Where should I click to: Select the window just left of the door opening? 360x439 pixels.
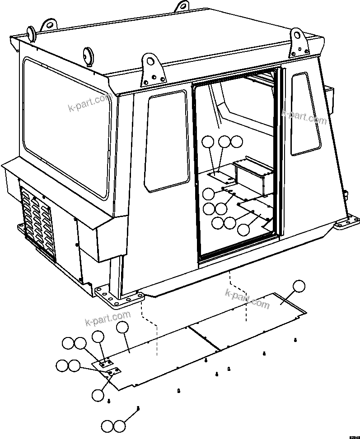(x=166, y=141)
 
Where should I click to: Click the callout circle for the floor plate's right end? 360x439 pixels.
(x=299, y=287)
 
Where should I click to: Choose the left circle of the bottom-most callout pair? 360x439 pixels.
(x=108, y=426)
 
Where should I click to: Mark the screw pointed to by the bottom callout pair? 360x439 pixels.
(x=138, y=408)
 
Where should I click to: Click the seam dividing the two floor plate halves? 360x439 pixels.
(x=204, y=337)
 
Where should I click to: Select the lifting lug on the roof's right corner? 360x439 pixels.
(x=298, y=40)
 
